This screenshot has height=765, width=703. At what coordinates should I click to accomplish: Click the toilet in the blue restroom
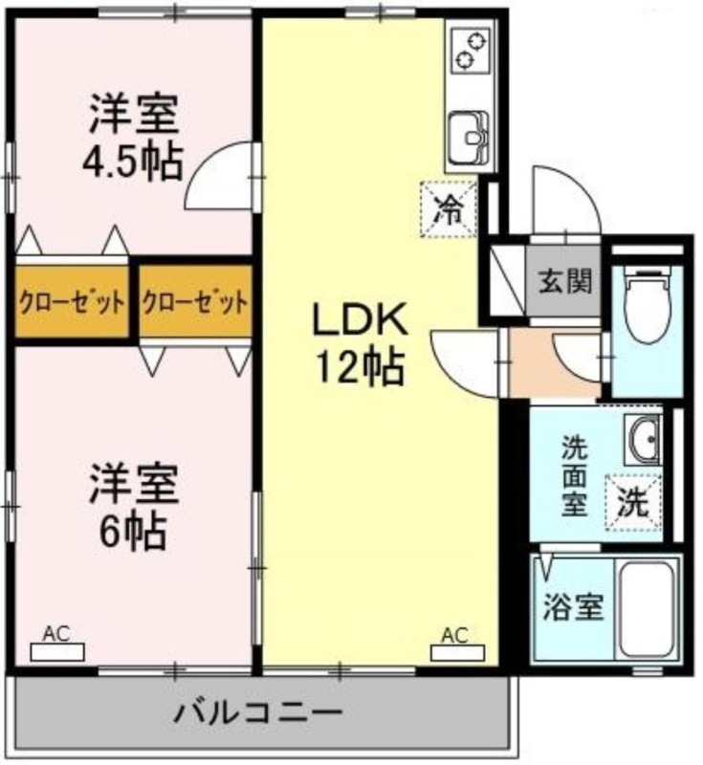[648, 305]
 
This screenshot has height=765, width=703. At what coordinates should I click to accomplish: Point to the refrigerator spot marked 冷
[449, 209]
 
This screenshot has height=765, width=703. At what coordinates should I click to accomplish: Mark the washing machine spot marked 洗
[633, 503]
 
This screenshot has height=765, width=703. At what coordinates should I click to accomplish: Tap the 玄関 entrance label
[565, 281]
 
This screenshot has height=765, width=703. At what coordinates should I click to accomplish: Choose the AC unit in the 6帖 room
[57, 652]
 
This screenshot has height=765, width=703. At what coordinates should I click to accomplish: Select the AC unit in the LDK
[457, 652]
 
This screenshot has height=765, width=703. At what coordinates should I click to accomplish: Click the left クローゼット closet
[71, 300]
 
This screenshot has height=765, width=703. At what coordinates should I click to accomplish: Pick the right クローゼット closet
[195, 300]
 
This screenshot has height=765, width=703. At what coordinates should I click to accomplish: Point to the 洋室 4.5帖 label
[132, 138]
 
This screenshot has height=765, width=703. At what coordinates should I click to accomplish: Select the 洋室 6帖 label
[133, 508]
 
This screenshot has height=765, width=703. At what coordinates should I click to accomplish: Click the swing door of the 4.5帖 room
[220, 177]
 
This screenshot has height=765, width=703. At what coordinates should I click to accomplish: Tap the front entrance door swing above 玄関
[565, 201]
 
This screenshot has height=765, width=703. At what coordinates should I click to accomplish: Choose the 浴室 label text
[574, 606]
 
